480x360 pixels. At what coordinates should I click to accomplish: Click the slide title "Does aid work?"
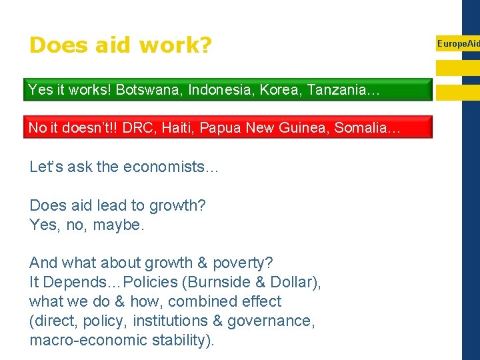point(121,45)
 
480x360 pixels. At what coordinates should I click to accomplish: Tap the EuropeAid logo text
point(458,43)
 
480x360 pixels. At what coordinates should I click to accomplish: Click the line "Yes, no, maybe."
point(87,225)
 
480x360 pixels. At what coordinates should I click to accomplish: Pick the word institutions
point(169,321)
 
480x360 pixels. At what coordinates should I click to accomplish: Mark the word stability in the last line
point(176,340)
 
